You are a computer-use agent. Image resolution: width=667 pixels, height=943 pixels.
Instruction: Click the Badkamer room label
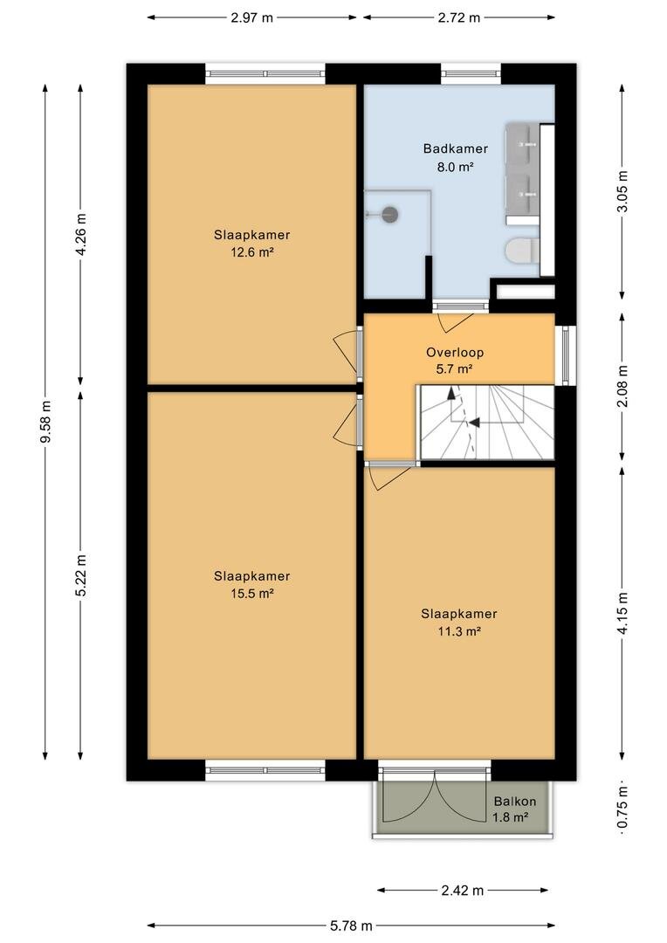[x=456, y=148]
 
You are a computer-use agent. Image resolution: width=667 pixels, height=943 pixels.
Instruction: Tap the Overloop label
[x=455, y=353]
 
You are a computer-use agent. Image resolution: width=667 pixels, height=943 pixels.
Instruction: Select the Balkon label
[x=515, y=801]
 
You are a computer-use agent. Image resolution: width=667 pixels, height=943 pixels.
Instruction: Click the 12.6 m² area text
[x=252, y=252]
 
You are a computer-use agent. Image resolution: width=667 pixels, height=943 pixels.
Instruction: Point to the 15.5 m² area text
[x=252, y=594]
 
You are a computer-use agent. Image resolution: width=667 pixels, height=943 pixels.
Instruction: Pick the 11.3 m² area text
[x=459, y=631]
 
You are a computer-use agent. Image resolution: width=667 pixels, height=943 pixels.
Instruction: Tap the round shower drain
[x=391, y=214]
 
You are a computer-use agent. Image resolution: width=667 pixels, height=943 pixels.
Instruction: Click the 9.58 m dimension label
[x=45, y=421]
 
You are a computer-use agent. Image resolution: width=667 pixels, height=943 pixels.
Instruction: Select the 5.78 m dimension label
[x=351, y=926]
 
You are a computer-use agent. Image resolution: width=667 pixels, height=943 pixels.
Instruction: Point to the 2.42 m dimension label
[x=463, y=891]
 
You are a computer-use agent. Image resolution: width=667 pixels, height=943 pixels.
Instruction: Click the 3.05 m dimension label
[x=622, y=191]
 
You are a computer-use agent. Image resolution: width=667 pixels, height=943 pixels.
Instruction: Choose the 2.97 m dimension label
[x=252, y=17]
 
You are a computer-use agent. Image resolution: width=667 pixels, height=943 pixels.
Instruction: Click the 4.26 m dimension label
[x=81, y=235]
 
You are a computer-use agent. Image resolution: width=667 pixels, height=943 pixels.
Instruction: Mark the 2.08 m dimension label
[x=622, y=386]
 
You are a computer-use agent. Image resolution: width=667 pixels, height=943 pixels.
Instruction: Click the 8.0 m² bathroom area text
[x=456, y=167]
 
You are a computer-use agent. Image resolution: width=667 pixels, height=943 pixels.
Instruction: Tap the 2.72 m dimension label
[x=459, y=17]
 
